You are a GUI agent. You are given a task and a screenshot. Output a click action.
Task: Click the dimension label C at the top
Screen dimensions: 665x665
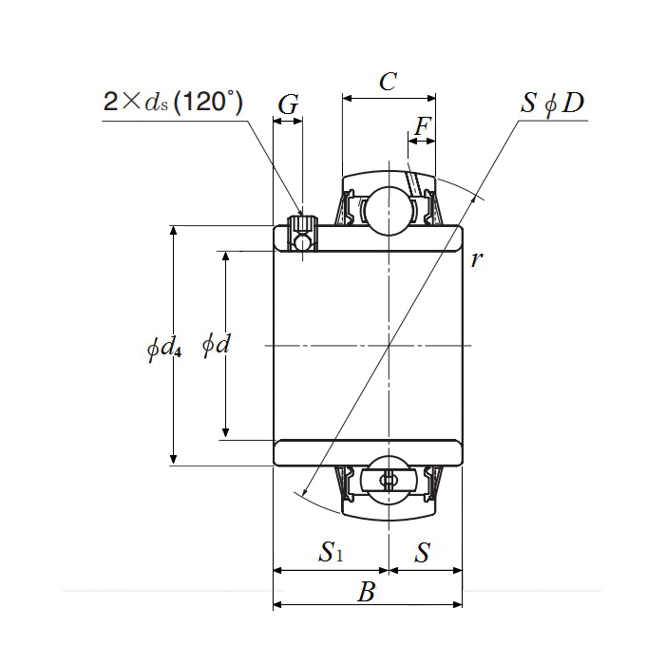pyautogui.click(x=388, y=82)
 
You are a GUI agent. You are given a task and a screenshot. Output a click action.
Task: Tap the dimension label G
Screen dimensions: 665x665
pyautogui.click(x=289, y=105)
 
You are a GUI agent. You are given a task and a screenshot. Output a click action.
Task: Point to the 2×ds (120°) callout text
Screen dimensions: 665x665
pyautogui.click(x=172, y=102)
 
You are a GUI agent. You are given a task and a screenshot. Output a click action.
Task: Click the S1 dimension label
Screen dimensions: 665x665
pyautogui.click(x=330, y=551)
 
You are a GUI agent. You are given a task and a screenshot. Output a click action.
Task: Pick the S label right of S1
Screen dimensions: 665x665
pyautogui.click(x=423, y=551)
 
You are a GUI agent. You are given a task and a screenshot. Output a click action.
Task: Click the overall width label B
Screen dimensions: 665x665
pyautogui.click(x=367, y=593)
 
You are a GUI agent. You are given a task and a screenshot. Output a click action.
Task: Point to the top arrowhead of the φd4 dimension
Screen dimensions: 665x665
pyautogui.click(x=173, y=231)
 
